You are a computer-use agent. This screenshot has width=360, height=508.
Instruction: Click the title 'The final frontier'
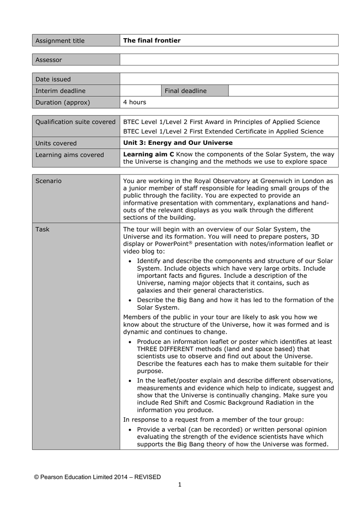[x=152, y=41]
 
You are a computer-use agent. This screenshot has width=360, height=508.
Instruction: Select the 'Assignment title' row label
[x=60, y=41]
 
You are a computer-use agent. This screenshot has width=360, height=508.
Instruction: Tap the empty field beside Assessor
[x=228, y=60]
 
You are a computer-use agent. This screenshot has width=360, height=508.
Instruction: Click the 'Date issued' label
[x=53, y=79]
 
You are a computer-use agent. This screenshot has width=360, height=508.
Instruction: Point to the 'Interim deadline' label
[x=61, y=91]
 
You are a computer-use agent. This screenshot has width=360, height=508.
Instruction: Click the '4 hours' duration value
[x=135, y=102]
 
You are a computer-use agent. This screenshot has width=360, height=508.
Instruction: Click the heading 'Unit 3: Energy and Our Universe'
[x=178, y=143]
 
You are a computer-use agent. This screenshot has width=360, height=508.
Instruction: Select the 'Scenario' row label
[x=49, y=181]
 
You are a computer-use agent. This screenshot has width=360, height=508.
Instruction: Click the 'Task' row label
[x=43, y=229]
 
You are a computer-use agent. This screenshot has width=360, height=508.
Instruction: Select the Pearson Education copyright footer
[x=97, y=477]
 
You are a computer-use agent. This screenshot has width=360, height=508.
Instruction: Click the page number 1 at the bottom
[x=180, y=485]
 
